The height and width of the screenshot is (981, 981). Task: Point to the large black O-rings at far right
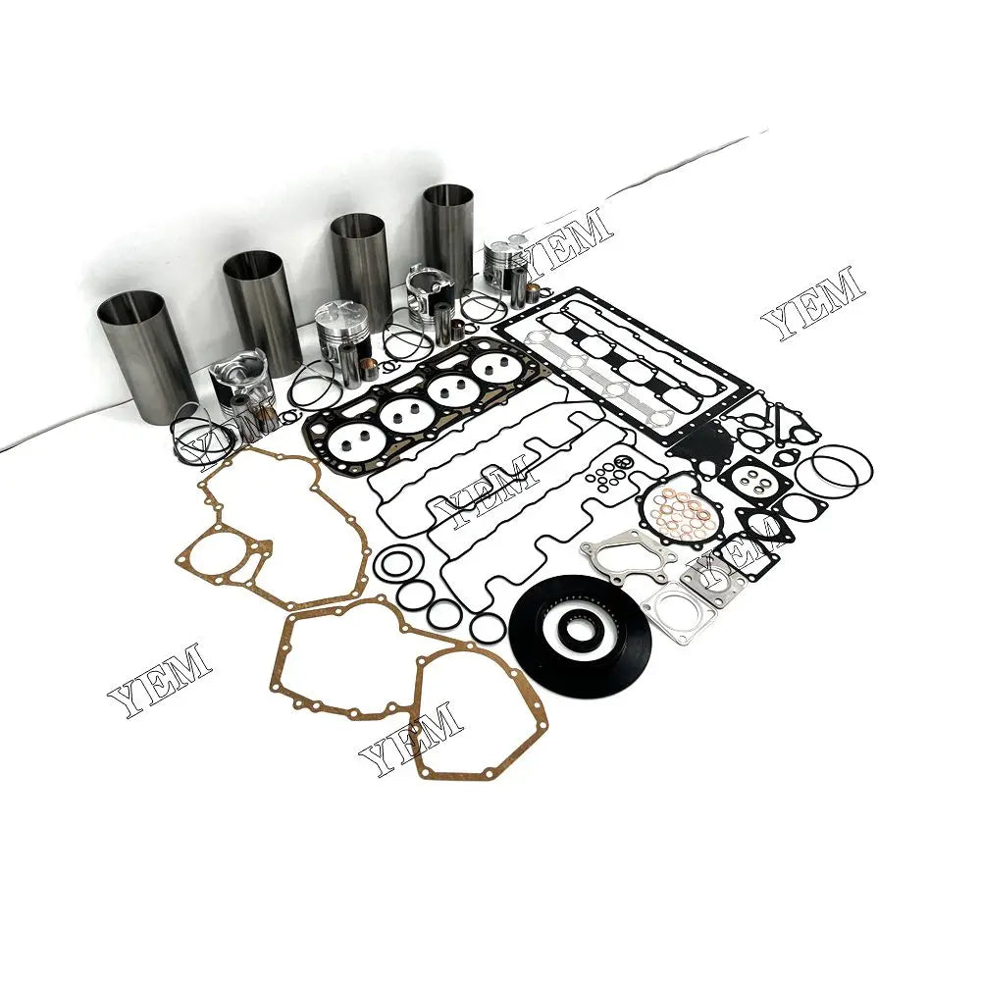[832, 471]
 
